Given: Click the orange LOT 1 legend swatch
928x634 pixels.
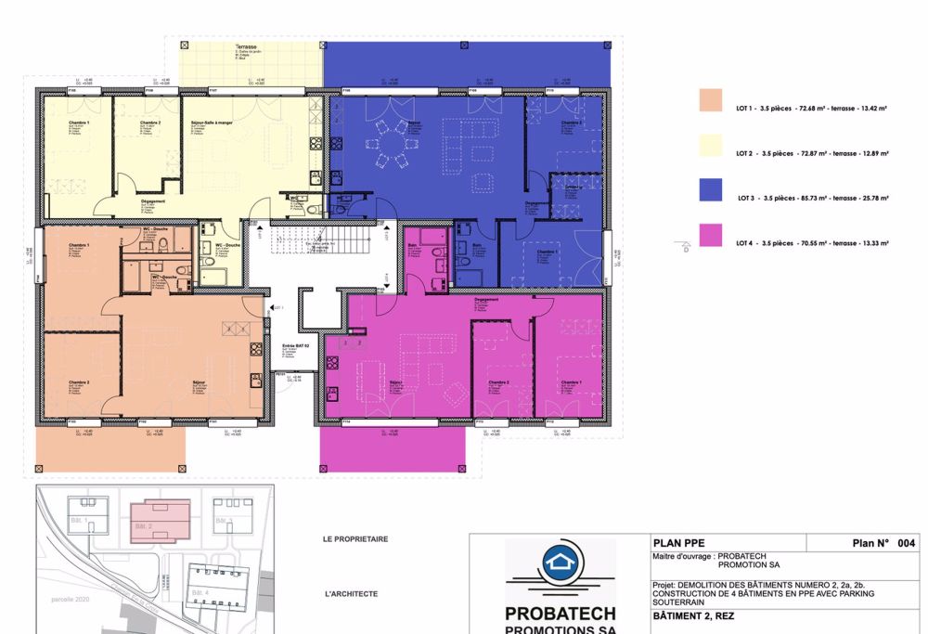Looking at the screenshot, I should [711, 100].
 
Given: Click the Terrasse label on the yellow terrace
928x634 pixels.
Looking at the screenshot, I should [246, 46].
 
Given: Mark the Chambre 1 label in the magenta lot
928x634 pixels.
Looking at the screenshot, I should [569, 382].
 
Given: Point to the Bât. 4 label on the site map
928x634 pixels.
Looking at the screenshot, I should [195, 592].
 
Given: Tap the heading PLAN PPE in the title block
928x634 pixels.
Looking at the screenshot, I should [675, 544].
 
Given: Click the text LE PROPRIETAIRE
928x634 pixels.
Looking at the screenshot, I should [354, 539].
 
